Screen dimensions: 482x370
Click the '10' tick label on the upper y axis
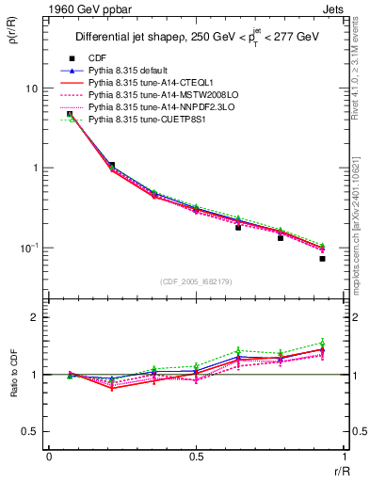31,88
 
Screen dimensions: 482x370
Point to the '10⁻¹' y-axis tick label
29,248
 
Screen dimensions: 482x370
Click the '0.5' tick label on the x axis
196,457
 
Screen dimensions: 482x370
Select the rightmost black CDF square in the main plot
322,258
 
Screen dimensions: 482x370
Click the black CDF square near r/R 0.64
238,228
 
